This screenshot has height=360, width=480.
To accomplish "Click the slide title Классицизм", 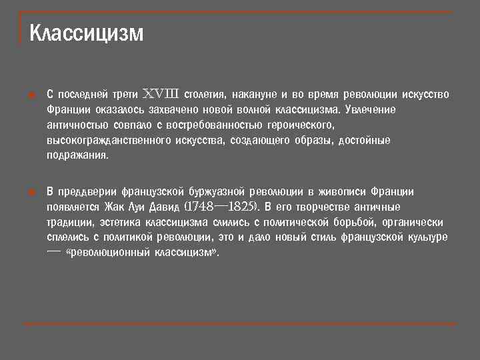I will coord(87,33).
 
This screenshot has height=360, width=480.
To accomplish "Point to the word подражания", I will coord(77,155).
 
